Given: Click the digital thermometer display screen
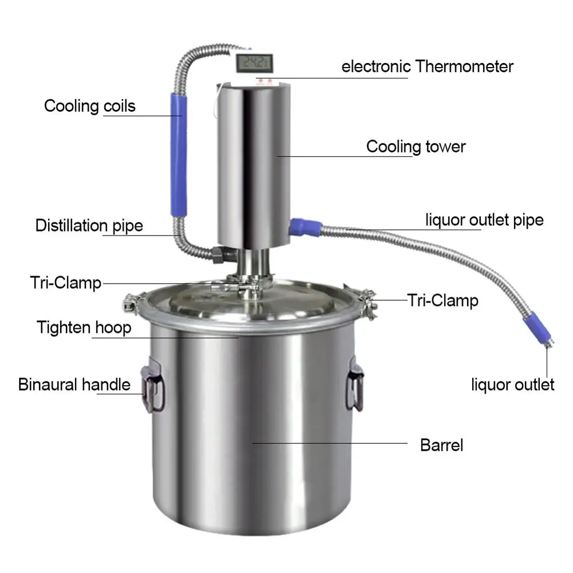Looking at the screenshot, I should pyautogui.click(x=256, y=61).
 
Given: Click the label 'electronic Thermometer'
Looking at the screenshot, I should pyautogui.click(x=427, y=66).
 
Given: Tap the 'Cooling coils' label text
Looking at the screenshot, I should pyautogui.click(x=90, y=106).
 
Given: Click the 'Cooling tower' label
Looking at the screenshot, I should pyautogui.click(x=416, y=147).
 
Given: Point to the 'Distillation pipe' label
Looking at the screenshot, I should pyautogui.click(x=89, y=225).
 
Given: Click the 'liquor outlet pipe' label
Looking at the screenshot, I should pyautogui.click(x=484, y=219).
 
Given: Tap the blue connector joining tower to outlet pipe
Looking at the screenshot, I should pyautogui.click(x=302, y=226).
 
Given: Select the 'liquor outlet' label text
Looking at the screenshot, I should pyautogui.click(x=513, y=384).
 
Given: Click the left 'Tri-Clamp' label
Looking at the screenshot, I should pyautogui.click(x=65, y=282).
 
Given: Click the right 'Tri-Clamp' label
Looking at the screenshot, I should pyautogui.click(x=442, y=300).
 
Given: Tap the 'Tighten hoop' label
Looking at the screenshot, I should pyautogui.click(x=84, y=328).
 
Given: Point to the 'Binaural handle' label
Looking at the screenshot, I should pyautogui.click(x=74, y=384).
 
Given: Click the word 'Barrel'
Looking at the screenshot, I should pyautogui.click(x=441, y=445).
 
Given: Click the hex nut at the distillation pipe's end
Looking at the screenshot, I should pyautogui.click(x=220, y=255).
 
